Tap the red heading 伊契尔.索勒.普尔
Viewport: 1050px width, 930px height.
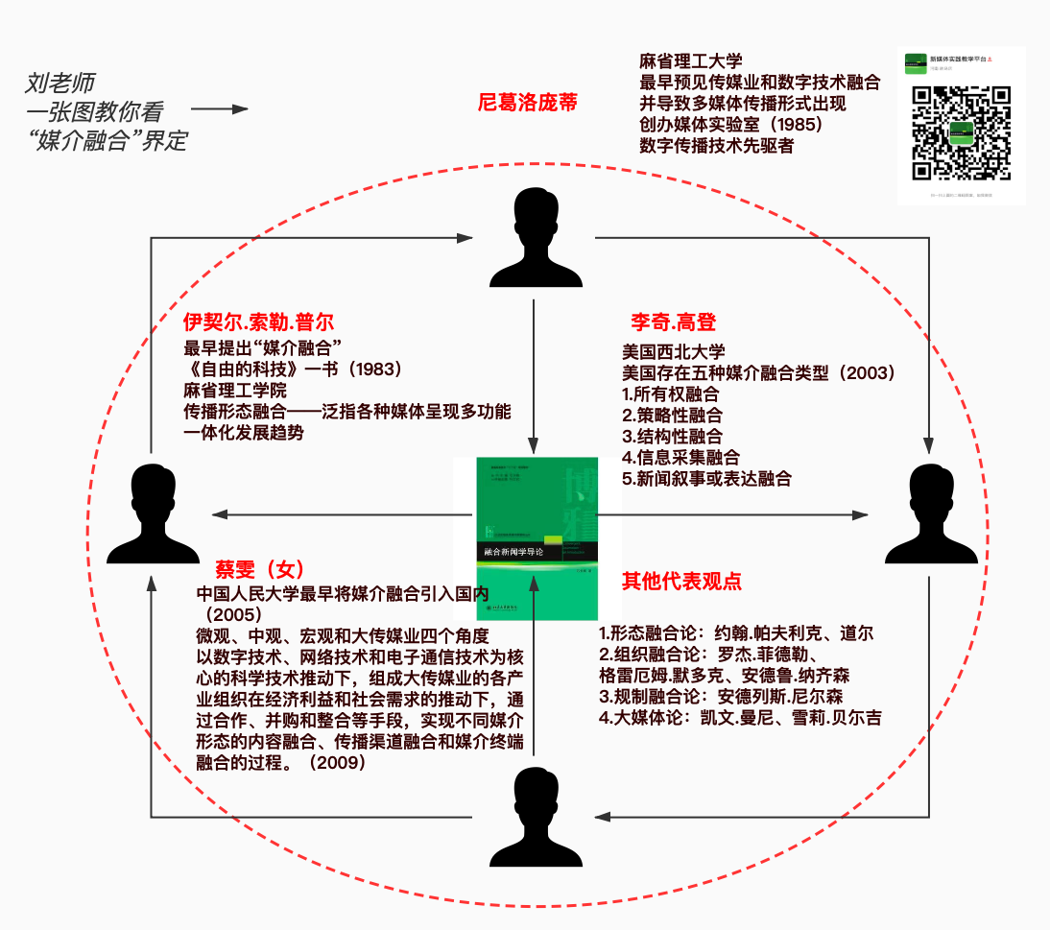258,322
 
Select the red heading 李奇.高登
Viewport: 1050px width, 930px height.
673,322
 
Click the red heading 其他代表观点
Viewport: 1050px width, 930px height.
681,581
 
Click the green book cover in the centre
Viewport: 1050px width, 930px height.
537,537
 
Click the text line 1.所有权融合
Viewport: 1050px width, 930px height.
671,393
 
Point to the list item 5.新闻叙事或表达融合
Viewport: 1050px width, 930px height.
706,478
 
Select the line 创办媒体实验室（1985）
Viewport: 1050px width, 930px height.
730,124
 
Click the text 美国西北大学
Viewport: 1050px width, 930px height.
674,351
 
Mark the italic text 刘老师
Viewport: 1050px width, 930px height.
60,83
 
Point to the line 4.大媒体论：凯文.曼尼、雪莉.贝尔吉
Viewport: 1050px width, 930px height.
740,717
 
